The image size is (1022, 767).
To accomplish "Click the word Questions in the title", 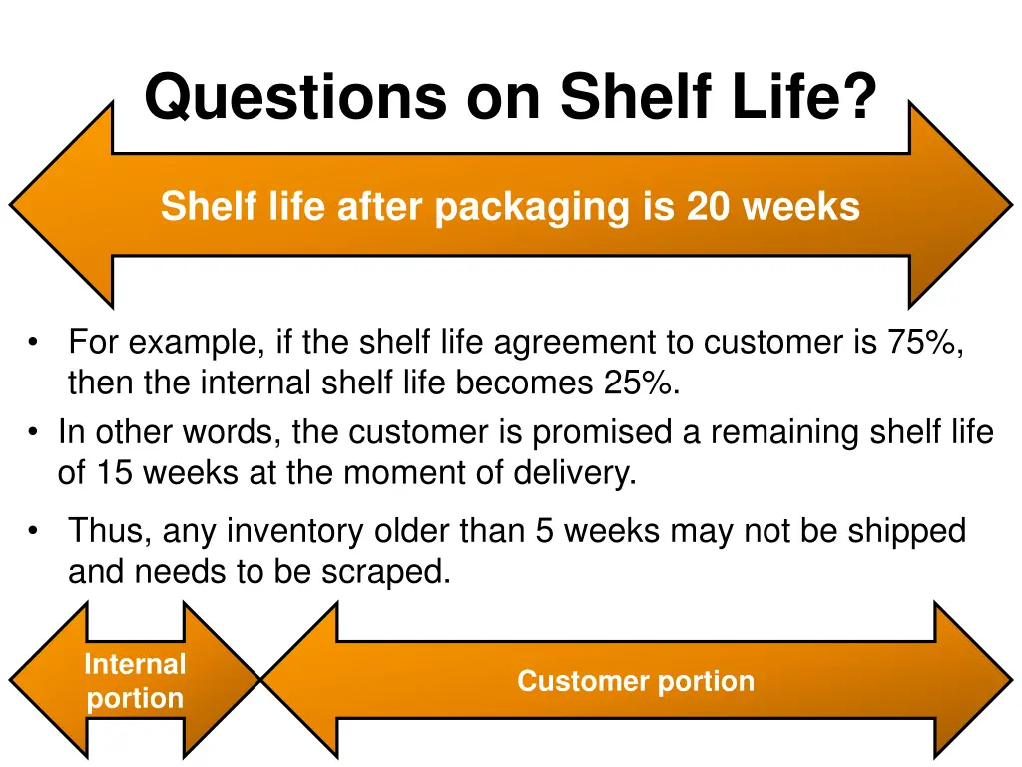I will (294, 98).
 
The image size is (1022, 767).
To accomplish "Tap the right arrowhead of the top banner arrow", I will (958, 205).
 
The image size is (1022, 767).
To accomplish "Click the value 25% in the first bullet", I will (640, 383).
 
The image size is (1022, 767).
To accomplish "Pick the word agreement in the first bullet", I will (569, 343).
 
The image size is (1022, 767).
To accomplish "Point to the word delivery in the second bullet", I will (573, 472).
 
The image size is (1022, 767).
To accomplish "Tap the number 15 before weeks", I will (114, 472).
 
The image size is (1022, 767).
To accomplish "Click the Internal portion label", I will (135, 681).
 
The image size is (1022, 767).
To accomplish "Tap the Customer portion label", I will (635, 681).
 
